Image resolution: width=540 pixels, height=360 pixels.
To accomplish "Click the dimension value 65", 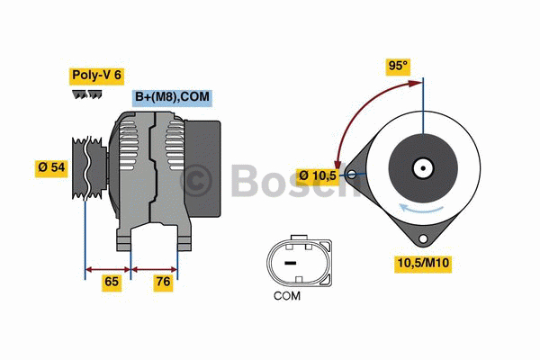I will (111, 282).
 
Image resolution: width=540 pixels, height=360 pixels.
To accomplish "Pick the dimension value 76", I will (163, 282).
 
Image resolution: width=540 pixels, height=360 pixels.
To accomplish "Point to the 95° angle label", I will (397, 66).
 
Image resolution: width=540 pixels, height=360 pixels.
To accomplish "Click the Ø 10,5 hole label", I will (318, 175).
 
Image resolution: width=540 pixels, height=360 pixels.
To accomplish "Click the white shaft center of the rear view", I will (421, 167).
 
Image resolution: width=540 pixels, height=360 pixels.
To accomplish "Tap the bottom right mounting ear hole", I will (422, 238).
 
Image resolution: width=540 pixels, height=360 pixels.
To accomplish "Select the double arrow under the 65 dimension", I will (107, 267).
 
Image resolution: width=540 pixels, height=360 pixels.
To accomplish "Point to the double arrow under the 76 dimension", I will (155, 267).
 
